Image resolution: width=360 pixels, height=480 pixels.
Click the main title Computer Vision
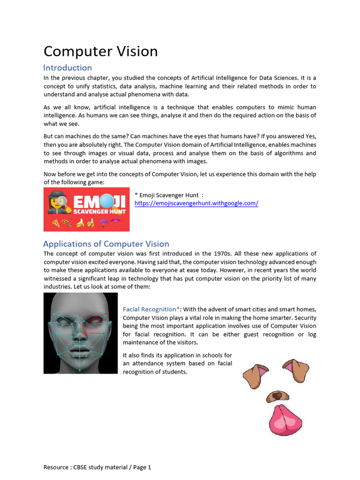(101, 51)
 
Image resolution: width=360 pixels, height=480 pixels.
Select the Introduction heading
(67, 67)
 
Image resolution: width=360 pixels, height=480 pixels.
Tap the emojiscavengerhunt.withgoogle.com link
(196, 203)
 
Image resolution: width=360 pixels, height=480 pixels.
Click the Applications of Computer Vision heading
(106, 244)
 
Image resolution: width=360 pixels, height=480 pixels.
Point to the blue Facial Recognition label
(151, 309)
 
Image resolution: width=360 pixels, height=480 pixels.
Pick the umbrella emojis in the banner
(111, 223)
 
